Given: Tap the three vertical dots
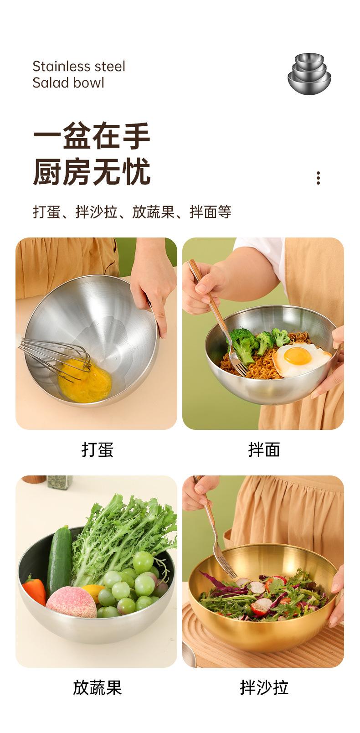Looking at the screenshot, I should [x=318, y=178].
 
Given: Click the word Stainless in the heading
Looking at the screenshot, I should [x=60, y=67].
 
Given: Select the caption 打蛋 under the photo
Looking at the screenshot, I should [x=97, y=449].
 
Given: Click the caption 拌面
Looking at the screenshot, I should [x=264, y=449].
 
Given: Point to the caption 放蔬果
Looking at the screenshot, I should [x=97, y=687].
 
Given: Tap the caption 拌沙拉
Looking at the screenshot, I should [x=264, y=687].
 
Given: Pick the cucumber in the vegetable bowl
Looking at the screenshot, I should [x=59, y=561].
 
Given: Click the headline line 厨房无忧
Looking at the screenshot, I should [x=92, y=172].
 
